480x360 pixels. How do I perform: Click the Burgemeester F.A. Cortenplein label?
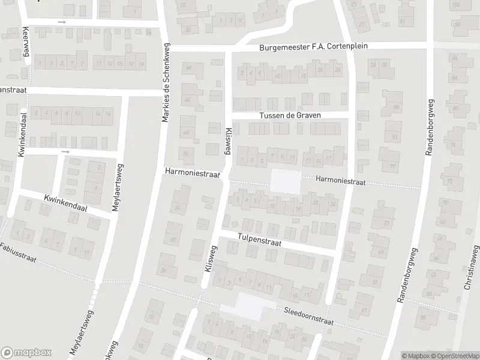click(313, 46)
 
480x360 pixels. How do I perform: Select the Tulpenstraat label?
click(259, 239)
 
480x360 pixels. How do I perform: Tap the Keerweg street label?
click(26, 40)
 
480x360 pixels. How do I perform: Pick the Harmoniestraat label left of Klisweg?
click(193, 172)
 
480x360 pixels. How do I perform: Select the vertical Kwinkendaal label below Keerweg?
click(22, 136)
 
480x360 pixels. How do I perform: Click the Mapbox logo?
click(26, 353)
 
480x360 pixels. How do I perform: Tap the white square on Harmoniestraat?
click(286, 182)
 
